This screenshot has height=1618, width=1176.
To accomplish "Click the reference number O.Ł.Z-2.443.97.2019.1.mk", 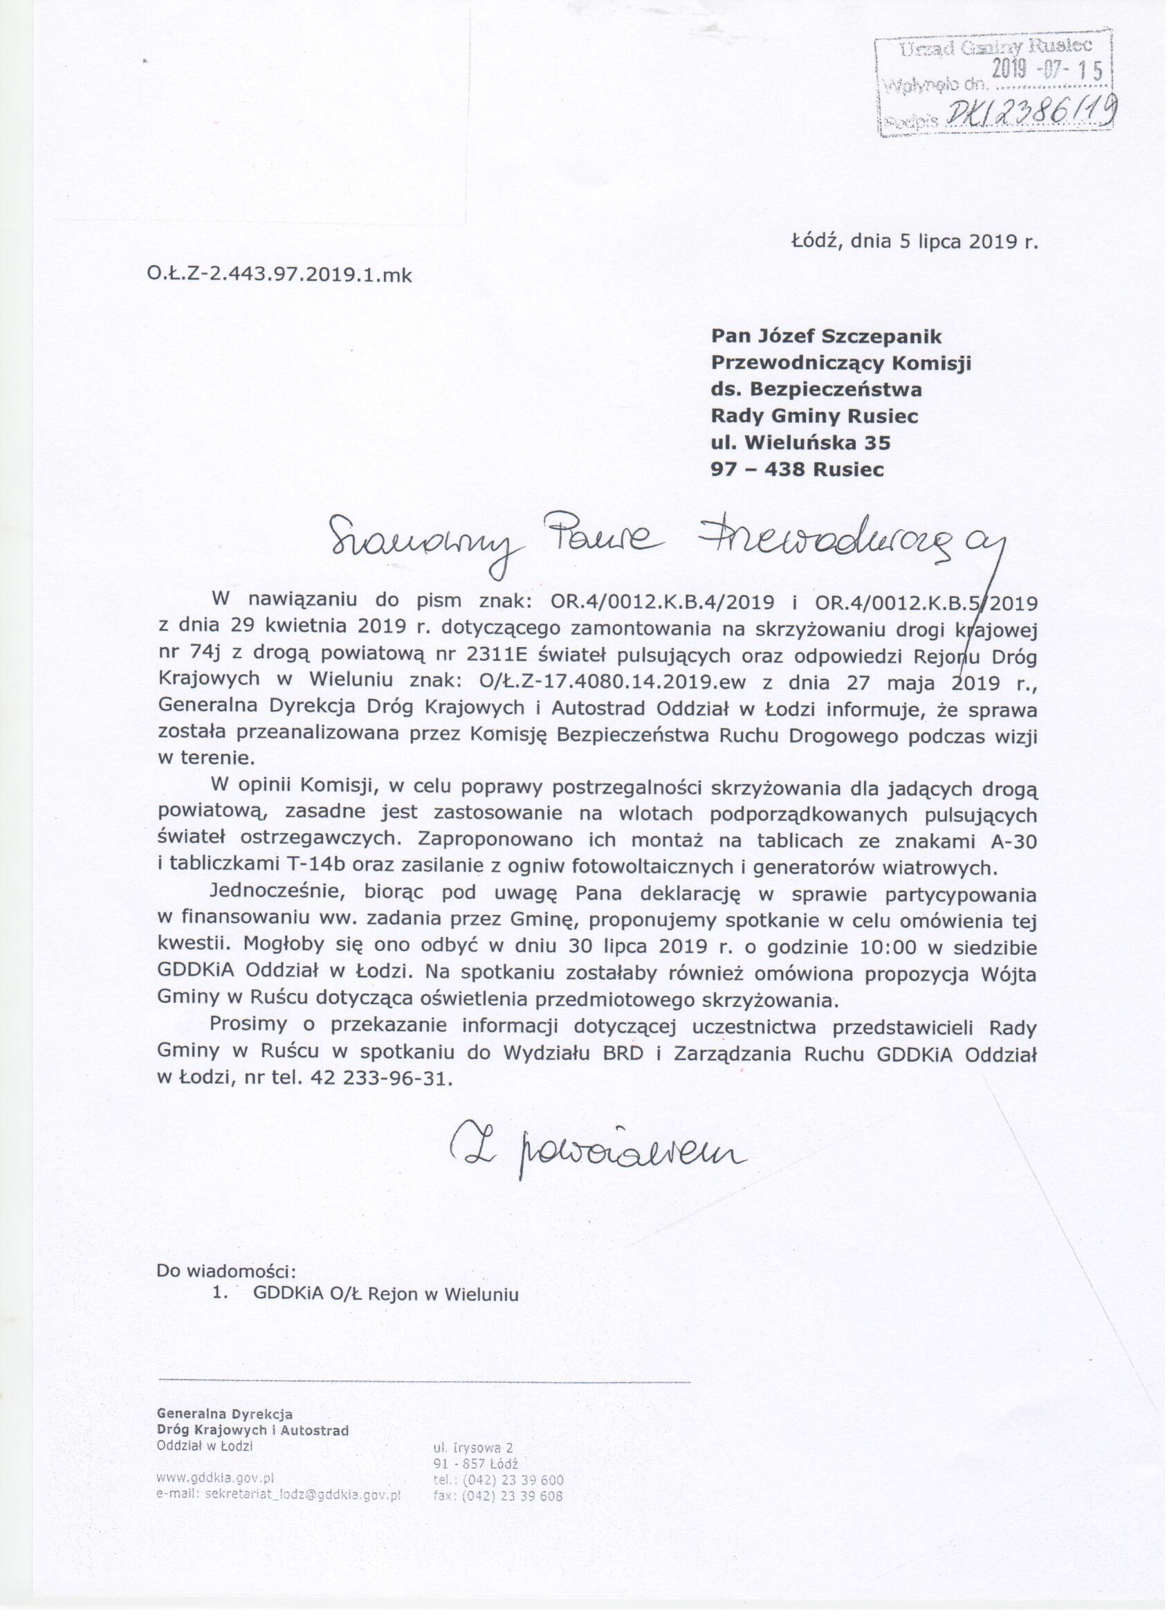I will (x=279, y=275).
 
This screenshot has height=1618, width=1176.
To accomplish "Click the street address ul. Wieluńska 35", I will (x=801, y=443).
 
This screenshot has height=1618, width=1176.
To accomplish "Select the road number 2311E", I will (x=467, y=655).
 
